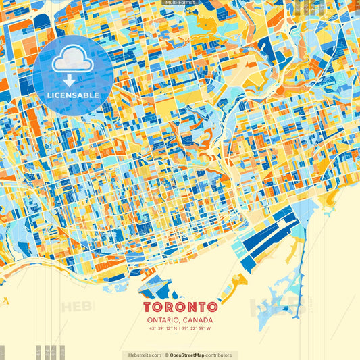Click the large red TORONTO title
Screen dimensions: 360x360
click(x=180, y=307)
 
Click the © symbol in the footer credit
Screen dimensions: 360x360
click(x=166, y=355)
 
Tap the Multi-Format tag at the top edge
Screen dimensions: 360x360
click(x=180, y=3)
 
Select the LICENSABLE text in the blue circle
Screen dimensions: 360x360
click(x=72, y=95)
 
